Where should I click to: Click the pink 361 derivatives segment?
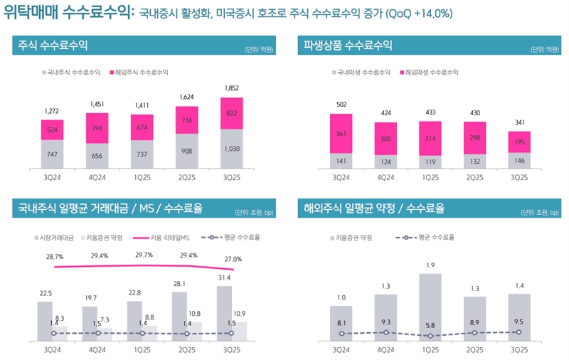[x=341, y=133]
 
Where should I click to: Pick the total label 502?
[x=341, y=105]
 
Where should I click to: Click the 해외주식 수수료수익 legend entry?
[x=139, y=73]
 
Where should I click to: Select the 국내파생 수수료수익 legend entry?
[x=363, y=73]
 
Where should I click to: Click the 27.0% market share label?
[x=233, y=259]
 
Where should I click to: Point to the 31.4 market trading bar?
[x=225, y=313]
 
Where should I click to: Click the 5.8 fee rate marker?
[x=431, y=336]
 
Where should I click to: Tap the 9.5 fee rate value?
[x=520, y=321]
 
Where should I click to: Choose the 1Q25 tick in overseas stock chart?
[x=431, y=351]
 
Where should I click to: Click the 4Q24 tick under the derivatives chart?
[x=386, y=177]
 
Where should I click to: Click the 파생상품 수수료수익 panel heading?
[x=348, y=46]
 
